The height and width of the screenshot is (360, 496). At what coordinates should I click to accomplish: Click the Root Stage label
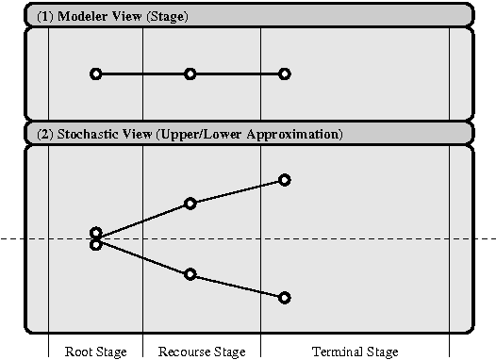95,352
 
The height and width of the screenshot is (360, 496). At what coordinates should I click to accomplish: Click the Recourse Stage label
202,352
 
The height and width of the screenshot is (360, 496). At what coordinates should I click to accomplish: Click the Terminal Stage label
355,352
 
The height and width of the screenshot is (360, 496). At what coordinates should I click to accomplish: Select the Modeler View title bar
248,16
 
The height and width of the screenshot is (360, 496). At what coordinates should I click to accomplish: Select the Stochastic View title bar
248,134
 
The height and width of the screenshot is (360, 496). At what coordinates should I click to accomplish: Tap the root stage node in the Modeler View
95,74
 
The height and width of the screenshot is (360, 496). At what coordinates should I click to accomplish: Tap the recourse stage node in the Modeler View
190,74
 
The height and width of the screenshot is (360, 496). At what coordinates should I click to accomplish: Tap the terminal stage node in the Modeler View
285,74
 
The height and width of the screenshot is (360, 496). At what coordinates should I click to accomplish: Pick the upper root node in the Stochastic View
95,232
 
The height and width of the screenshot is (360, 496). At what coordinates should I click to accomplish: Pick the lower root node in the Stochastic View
95,245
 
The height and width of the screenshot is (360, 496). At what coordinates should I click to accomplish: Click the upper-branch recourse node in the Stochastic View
190,203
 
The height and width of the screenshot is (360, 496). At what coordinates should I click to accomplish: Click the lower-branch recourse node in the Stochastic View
190,274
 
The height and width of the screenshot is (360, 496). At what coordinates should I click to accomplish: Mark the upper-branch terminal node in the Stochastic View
285,179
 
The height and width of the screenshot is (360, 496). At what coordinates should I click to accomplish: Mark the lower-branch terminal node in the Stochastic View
285,298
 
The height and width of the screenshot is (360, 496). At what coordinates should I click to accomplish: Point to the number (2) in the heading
45,134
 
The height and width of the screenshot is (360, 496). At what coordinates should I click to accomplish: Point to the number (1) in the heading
45,16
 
